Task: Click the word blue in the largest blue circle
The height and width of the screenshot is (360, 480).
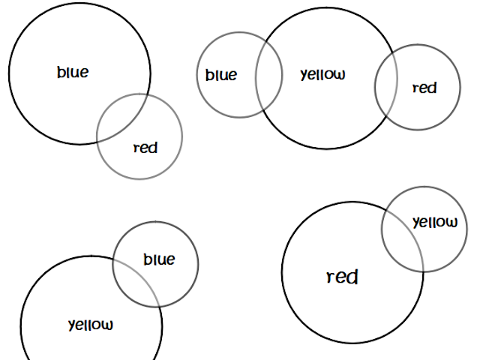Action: click(73, 73)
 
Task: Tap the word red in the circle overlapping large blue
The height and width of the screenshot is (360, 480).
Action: click(145, 148)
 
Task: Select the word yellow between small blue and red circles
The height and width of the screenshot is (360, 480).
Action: click(322, 75)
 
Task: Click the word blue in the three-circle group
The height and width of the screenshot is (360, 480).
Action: click(221, 75)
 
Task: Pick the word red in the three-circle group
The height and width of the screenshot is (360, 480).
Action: click(424, 88)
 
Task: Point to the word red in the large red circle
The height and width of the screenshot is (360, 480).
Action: click(342, 277)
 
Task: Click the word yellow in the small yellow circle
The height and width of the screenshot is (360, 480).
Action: click(435, 222)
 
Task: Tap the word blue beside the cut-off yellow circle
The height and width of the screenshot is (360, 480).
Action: click(159, 259)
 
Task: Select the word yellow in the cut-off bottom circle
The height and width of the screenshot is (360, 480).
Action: click(91, 325)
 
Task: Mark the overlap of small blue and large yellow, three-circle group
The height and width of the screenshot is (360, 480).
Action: click(268, 75)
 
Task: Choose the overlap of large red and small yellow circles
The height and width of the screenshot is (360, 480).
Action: click(403, 238)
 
